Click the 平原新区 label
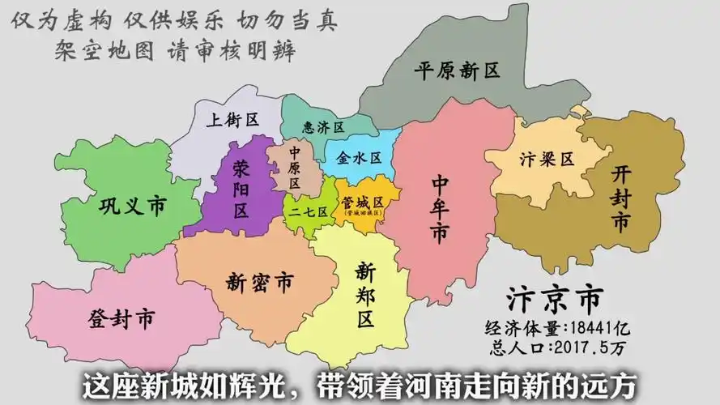pyautogui.click(x=457, y=70)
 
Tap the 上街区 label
pyautogui.click(x=232, y=120)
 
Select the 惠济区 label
pyautogui.click(x=323, y=127)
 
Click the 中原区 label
pyautogui.click(x=295, y=167)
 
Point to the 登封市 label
pyautogui.click(x=121, y=318)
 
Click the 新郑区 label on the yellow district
pyautogui.click(x=364, y=294)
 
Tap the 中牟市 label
pyautogui.click(x=440, y=208)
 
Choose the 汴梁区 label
pyautogui.click(x=547, y=159)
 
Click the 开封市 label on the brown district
pyautogui.click(x=621, y=197)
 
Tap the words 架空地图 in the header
pyautogui.click(x=102, y=50)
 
